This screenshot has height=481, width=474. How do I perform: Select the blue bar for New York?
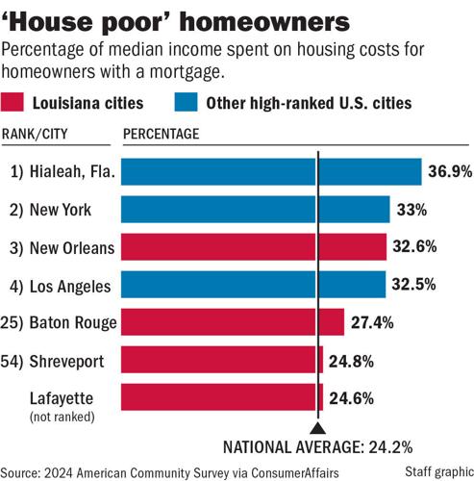pyautogui.click(x=256, y=209)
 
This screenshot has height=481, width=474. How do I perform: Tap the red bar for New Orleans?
pyautogui.click(x=254, y=247)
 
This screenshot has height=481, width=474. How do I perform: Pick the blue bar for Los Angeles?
pyautogui.click(x=253, y=285)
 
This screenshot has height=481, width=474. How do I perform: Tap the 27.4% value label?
pyautogui.click(x=372, y=322)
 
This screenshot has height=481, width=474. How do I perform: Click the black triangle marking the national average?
pyautogui.click(x=317, y=430)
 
